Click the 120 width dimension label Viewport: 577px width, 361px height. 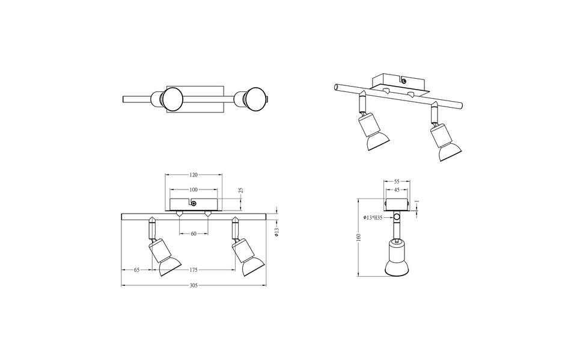[x=194, y=175]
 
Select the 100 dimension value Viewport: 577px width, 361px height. [x=194, y=190]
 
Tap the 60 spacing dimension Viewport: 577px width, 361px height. [x=194, y=233]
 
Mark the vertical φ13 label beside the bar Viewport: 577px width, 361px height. [x=277, y=231]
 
